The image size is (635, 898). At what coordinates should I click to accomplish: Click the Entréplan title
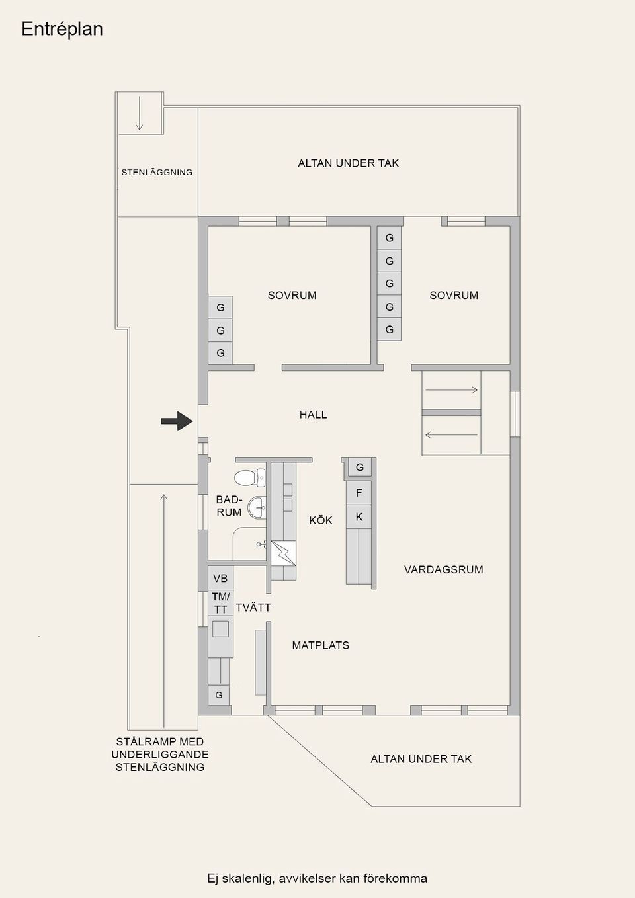[62, 29]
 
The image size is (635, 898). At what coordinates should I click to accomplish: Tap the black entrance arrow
[177, 421]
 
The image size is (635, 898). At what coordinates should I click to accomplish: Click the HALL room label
[313, 415]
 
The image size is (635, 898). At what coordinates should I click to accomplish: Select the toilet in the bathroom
[250, 478]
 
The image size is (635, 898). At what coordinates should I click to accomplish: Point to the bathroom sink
[257, 507]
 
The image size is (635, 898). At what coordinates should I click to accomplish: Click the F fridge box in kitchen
[359, 493]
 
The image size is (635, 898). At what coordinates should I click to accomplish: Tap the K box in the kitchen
[359, 516]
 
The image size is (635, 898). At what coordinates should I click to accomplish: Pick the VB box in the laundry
[220, 578]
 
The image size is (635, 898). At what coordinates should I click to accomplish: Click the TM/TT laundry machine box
[220, 603]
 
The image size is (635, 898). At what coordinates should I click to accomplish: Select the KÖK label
[321, 520]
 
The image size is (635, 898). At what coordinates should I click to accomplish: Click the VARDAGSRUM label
[443, 569]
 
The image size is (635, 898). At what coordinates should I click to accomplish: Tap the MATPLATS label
[320, 645]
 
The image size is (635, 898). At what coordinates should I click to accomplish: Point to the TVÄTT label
[253, 607]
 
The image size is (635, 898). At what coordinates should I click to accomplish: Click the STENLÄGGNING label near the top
[157, 173]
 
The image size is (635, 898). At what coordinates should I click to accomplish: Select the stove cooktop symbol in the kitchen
[283, 553]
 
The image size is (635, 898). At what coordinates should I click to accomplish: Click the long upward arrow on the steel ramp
[163, 611]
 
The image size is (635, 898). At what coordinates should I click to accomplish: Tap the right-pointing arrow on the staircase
[451, 389]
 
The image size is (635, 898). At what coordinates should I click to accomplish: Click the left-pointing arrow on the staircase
[451, 434]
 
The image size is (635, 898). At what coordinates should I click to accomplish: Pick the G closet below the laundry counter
[219, 695]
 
